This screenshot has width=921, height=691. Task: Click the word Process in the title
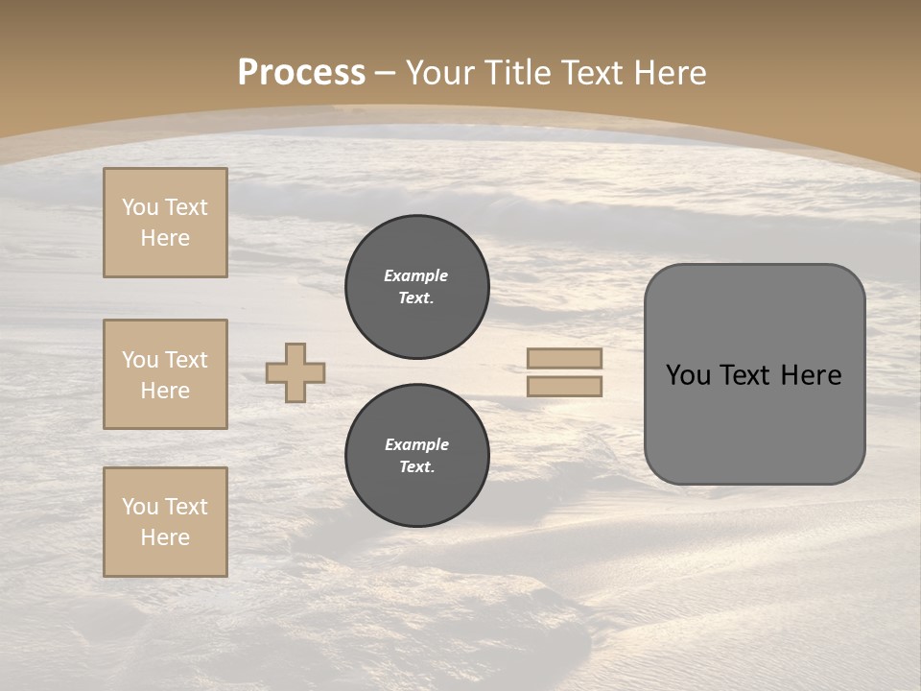301,73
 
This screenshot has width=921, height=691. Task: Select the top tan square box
165,223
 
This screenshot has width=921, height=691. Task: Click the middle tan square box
165,374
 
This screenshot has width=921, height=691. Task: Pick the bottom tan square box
165,522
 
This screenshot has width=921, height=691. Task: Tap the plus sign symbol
295,372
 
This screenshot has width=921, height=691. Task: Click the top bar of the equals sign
565,359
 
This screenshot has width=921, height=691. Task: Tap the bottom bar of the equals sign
565,387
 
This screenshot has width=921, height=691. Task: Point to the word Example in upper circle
415,275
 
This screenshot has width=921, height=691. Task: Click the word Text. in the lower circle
416,467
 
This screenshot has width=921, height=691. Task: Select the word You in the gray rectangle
688,375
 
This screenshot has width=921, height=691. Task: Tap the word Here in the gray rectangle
811,375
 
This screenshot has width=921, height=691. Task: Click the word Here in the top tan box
165,238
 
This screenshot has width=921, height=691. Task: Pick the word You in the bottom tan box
140,507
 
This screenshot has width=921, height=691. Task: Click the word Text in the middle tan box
186,360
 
